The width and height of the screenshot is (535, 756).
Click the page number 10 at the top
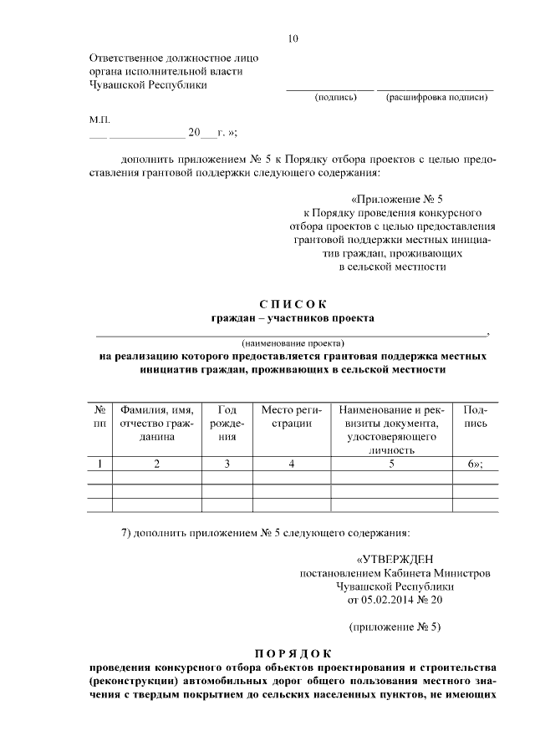[x=293, y=38]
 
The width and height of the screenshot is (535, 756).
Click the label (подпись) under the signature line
[x=335, y=98]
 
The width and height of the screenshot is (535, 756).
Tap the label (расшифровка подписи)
[x=436, y=98]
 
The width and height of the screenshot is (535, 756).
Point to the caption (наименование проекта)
[x=293, y=342]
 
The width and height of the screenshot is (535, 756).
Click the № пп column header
[x=99, y=417]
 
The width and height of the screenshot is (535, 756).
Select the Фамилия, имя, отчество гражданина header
[x=156, y=424]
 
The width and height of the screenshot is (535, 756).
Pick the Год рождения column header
[x=227, y=424]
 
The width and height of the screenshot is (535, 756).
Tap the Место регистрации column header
[x=292, y=417]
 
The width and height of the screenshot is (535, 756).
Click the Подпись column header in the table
[x=475, y=417]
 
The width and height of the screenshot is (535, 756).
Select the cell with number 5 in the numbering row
[x=390, y=464]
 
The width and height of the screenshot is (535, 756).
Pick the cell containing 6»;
[x=475, y=464]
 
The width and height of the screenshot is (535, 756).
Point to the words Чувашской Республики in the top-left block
[x=147, y=84]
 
